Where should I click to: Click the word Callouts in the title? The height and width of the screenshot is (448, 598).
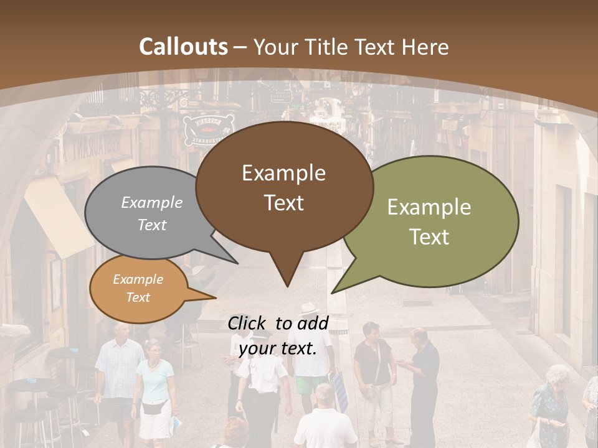[183, 47]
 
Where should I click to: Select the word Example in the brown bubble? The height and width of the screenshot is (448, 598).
[283, 173]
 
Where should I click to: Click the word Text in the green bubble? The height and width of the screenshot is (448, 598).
[429, 236]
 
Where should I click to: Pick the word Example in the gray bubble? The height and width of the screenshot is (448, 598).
[151, 202]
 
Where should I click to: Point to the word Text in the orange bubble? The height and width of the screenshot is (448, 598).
[138, 297]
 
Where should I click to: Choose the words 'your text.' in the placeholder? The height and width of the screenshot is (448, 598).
[277, 348]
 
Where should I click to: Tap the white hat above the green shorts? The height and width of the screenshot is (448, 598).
[309, 309]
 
